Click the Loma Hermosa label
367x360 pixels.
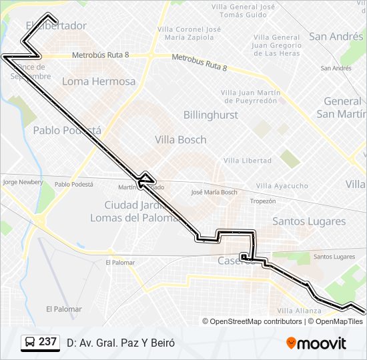pos(99,81)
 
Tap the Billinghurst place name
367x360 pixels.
pos(210,115)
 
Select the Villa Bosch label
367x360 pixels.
pos(180,140)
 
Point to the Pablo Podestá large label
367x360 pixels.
pos(67,131)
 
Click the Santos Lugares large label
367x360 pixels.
pos(309,221)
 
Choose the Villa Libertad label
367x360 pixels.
pos(248,161)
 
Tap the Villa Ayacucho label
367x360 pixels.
pos(282,185)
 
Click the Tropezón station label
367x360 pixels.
pos(262,201)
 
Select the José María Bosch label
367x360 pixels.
pos(214,192)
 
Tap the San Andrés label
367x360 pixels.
pos(336,37)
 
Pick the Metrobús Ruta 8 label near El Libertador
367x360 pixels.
pos(100,55)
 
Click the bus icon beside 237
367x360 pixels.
pos(30,342)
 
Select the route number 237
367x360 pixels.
pos(47,342)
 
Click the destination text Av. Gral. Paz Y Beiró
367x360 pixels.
pos(120,343)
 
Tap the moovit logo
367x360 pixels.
pos(316,343)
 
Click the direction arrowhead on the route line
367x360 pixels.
pos(144,178)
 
